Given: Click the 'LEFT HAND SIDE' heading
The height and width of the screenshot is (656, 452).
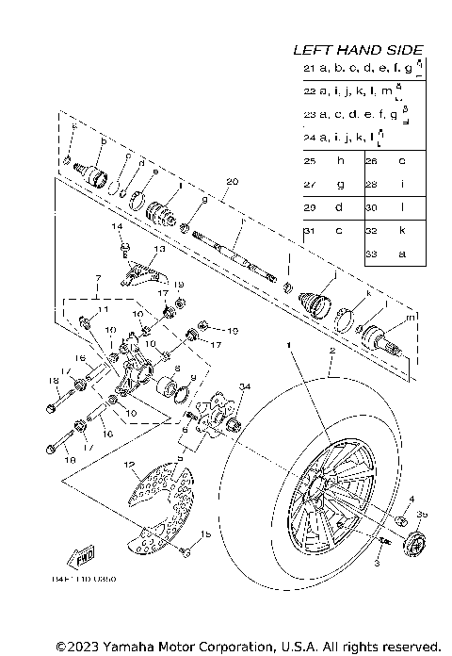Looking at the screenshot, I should click(357, 50).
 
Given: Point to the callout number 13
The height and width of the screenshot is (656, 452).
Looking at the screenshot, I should click(158, 249).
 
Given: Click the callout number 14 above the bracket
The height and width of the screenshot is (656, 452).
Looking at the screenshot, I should click(119, 227).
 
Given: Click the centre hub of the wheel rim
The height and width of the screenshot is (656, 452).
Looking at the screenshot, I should click(315, 496).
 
